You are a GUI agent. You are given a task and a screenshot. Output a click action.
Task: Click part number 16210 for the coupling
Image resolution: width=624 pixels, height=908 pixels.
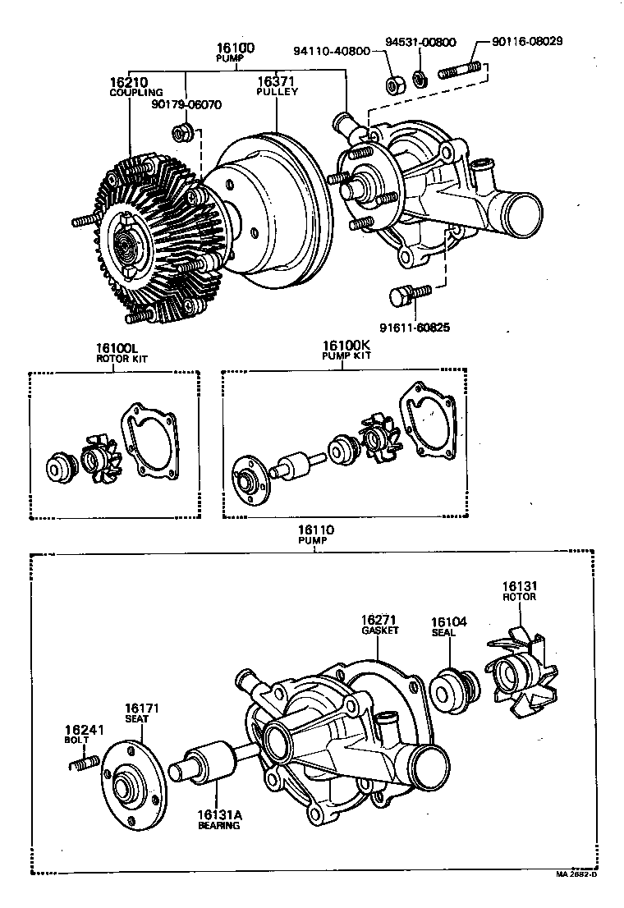coord(128,82)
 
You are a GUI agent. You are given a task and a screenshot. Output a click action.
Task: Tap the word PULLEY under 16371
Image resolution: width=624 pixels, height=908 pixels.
coord(277,92)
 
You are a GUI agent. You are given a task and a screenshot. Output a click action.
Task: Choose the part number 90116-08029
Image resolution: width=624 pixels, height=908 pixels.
coord(526,41)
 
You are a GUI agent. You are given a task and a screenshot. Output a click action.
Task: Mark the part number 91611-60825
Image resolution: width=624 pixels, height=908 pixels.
coord(415,328)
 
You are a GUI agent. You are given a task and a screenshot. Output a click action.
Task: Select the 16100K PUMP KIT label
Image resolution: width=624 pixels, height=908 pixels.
coord(346,351)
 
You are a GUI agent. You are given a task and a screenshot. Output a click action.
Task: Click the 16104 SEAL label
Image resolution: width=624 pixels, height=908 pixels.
coord(449,627)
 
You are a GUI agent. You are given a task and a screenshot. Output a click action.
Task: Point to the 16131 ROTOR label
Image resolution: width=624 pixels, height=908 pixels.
coord(519,591)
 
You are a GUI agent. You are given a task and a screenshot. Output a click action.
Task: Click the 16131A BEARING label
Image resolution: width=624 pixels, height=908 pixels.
coord(218,819)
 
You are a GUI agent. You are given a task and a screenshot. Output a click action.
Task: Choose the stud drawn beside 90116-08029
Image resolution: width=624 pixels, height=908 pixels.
coord(459,71)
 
